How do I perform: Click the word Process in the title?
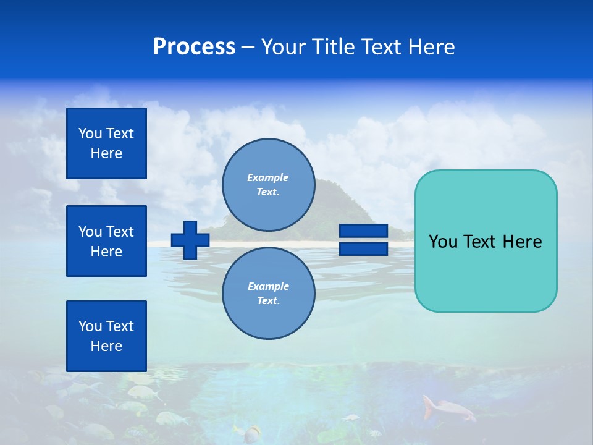point(194,47)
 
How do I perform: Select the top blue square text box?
point(106,143)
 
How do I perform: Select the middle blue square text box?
point(106,241)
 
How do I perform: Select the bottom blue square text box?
point(106,336)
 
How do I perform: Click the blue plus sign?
point(190,240)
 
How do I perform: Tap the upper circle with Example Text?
point(268,185)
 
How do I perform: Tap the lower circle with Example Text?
point(268,294)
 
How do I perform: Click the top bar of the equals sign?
point(363,231)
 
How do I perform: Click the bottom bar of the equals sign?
point(363,249)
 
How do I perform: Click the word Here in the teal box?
point(522,242)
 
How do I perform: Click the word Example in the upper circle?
point(268,178)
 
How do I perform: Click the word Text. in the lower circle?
point(268,301)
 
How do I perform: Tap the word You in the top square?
point(90,133)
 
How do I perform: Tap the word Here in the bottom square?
point(106,346)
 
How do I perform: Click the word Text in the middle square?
point(119,232)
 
